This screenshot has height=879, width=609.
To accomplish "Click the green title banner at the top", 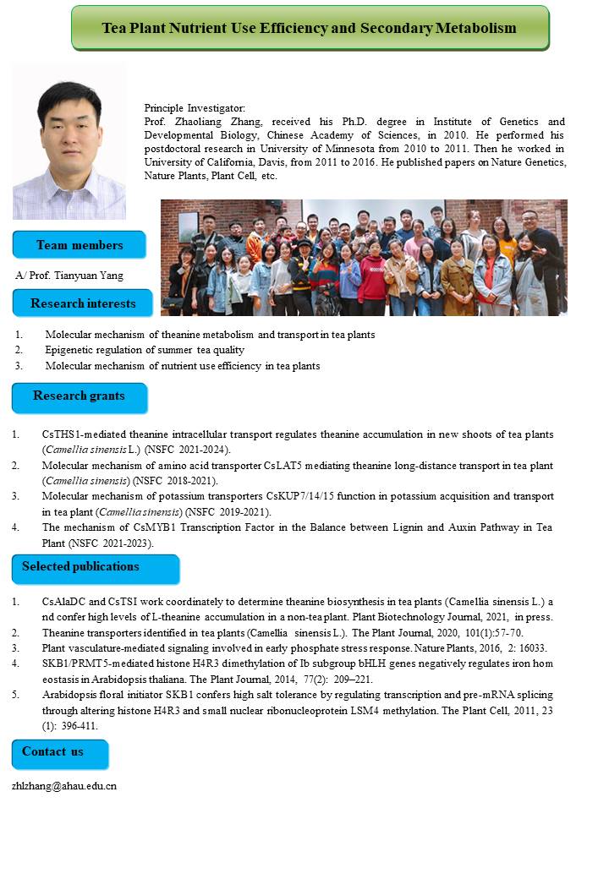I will [x=310, y=28].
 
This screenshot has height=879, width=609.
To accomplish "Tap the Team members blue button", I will [x=79, y=245].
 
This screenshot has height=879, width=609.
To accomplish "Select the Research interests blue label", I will [x=82, y=303].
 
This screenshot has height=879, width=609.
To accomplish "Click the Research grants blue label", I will [x=79, y=396].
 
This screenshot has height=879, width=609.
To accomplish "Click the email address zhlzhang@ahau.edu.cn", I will [x=64, y=785].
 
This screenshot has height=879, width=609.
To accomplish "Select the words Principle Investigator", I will [x=195, y=108].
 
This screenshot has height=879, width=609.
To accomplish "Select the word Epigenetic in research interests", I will [x=70, y=350].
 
